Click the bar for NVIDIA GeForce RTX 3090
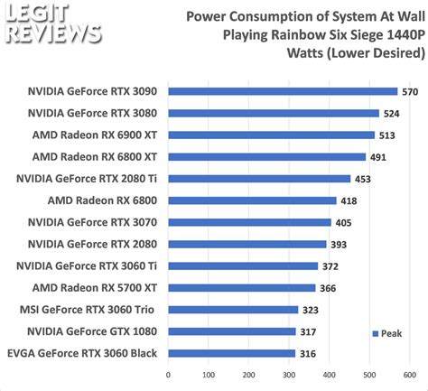(x=283, y=91)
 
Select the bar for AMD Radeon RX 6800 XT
(x=266, y=156)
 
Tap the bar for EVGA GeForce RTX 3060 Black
(x=232, y=353)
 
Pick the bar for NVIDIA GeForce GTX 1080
(x=232, y=331)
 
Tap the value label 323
(x=312, y=310)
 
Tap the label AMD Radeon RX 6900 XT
(x=96, y=135)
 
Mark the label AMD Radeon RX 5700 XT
(x=96, y=288)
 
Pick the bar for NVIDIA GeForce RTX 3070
(x=250, y=222)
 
